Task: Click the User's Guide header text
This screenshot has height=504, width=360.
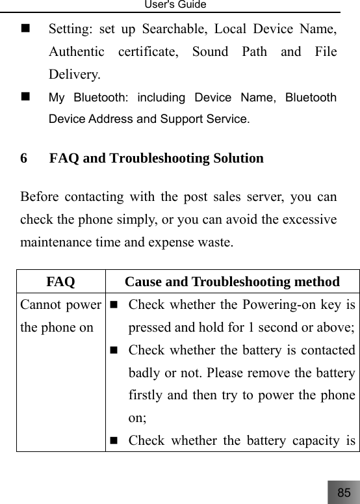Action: point(180,5)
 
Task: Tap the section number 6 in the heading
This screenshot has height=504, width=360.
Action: point(24,158)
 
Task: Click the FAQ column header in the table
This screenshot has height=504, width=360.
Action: point(60,282)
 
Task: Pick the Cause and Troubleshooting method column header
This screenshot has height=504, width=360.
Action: point(232,282)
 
